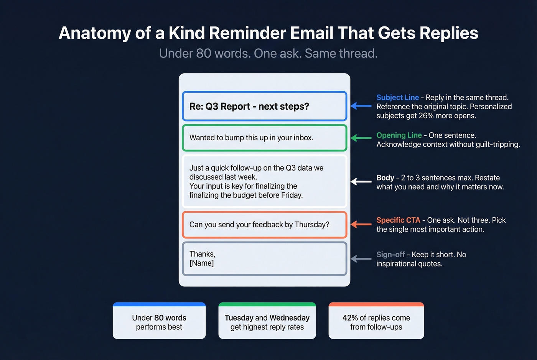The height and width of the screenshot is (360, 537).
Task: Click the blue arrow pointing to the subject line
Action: coord(361,106)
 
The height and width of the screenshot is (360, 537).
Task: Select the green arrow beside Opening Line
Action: coord(361,138)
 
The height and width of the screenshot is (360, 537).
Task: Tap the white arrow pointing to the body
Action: coord(361,182)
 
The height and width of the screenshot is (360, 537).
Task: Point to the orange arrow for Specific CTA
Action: coord(361,224)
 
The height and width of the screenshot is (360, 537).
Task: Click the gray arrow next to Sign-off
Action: coord(361,259)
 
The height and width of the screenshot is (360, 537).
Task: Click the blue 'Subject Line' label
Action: coord(397,97)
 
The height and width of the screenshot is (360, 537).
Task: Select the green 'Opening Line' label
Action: coord(399,135)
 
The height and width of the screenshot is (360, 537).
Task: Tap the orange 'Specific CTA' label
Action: coord(398,220)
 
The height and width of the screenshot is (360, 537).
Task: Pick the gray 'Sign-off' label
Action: coord(390,255)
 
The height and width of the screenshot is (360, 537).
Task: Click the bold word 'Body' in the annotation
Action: coord(385,178)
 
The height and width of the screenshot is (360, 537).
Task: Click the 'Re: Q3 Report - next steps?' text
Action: coord(249,107)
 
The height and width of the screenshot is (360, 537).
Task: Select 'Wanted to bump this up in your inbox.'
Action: coord(251,138)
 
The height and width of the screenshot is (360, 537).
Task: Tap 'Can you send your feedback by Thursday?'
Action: coord(259,225)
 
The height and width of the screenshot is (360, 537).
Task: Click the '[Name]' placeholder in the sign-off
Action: coord(201,263)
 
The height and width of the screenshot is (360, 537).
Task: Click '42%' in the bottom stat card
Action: coord(350,318)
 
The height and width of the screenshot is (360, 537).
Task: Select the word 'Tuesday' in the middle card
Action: coord(239,318)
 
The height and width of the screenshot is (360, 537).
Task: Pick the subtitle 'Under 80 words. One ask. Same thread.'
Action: coord(268,54)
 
